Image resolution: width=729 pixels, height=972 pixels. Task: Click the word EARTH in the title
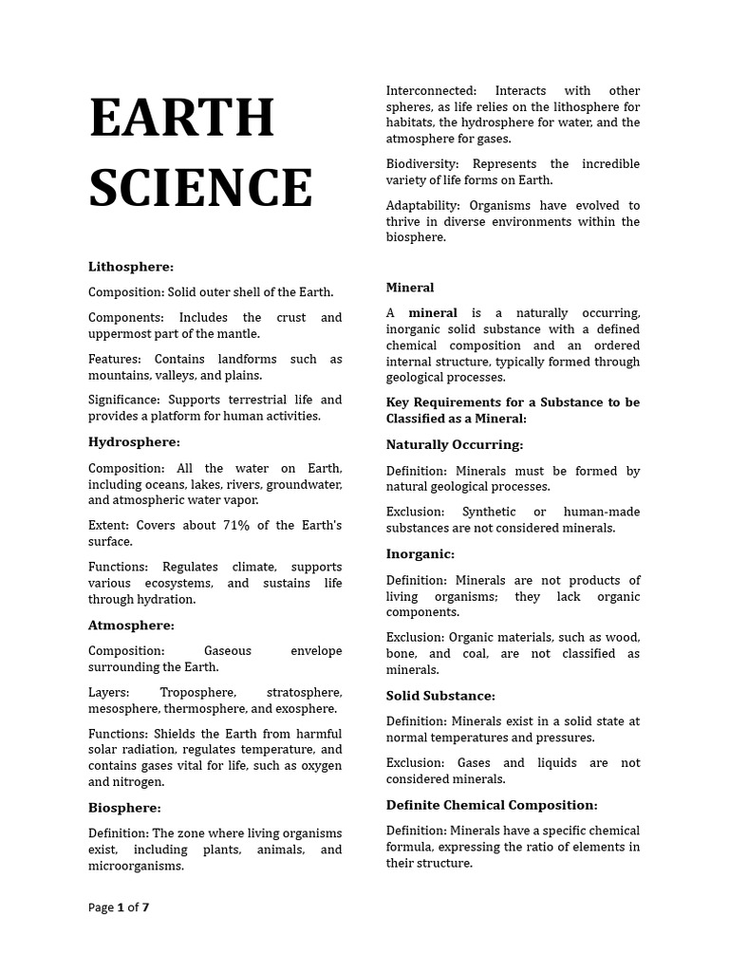[182, 118]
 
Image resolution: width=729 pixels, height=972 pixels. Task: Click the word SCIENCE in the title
[200, 187]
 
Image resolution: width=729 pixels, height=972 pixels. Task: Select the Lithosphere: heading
[131, 267]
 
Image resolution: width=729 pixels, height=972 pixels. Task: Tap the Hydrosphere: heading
[134, 442]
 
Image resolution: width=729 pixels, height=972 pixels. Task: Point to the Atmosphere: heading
[131, 626]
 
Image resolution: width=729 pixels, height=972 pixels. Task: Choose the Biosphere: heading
[124, 808]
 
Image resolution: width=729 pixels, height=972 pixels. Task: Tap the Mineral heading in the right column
[410, 288]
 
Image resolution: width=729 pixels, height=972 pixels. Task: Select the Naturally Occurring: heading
[455, 444]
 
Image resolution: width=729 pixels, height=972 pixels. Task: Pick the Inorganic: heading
[421, 553]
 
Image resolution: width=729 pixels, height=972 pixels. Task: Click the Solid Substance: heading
[440, 696]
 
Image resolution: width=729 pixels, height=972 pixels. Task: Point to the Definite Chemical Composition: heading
[492, 805]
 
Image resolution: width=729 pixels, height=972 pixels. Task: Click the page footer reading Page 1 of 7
[119, 907]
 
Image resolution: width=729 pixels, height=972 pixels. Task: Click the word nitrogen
[138, 782]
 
